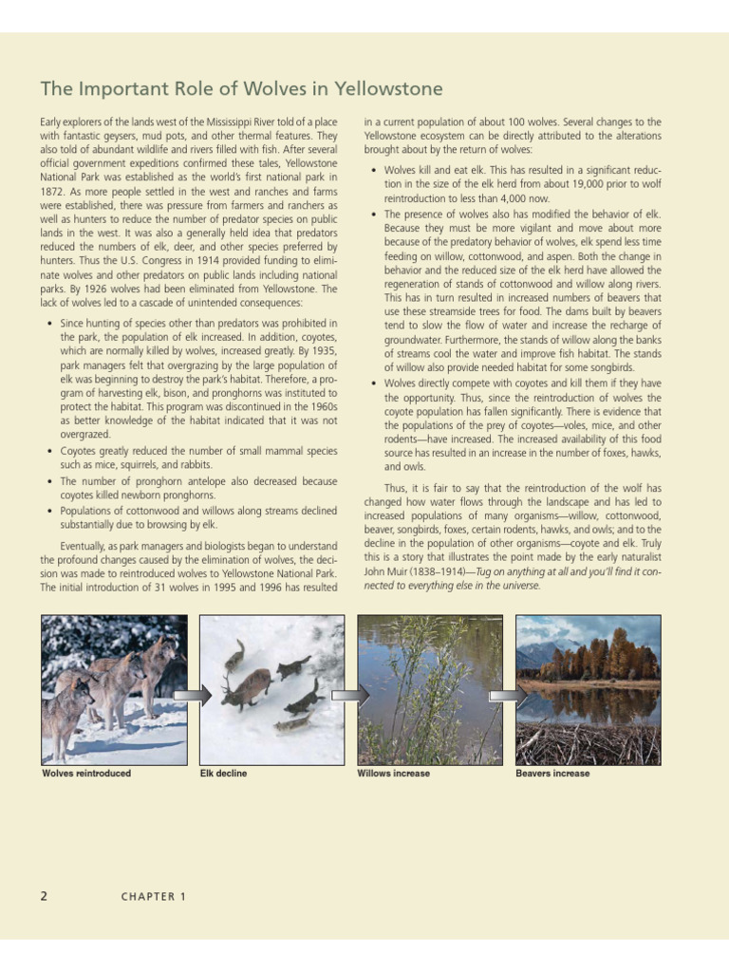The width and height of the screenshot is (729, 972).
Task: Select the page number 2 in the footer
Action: [x=44, y=896]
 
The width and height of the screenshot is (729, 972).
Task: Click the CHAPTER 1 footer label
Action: [x=153, y=897]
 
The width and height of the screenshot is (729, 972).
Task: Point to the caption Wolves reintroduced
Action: [x=86, y=774]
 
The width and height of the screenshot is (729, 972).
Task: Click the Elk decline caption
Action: [x=223, y=774]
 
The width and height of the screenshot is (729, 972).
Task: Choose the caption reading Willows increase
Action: [x=393, y=774]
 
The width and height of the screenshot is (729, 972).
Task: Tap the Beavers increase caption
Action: [x=552, y=774]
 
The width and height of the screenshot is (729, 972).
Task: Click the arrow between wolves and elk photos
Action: [x=194, y=696]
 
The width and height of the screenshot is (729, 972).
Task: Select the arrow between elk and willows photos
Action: [x=351, y=696]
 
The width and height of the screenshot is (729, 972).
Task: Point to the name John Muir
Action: [x=383, y=572]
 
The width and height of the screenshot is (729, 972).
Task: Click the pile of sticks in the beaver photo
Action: [x=589, y=742]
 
